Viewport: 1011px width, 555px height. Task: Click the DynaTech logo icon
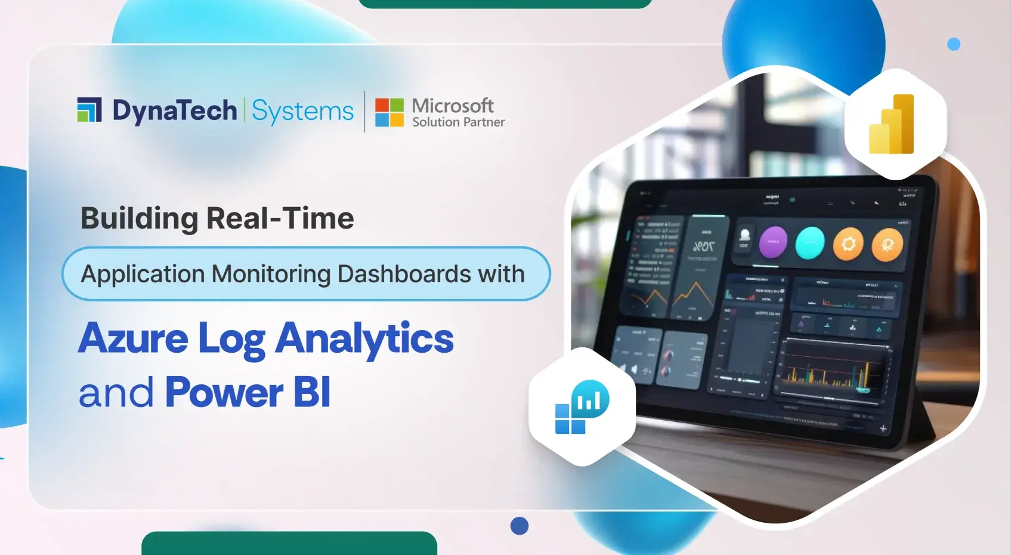pyautogui.click(x=89, y=110)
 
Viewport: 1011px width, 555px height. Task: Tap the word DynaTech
pyautogui.click(x=175, y=111)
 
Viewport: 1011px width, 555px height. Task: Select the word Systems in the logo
pyautogui.click(x=302, y=112)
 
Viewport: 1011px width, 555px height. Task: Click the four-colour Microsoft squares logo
pyautogui.click(x=389, y=112)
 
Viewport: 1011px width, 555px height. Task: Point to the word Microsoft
pyautogui.click(x=453, y=106)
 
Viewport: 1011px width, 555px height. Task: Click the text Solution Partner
pyautogui.click(x=458, y=122)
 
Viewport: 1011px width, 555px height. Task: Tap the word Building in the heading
pyautogui.click(x=139, y=218)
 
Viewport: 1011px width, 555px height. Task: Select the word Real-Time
pyautogui.click(x=280, y=218)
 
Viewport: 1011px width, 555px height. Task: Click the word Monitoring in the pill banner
pyautogui.click(x=271, y=274)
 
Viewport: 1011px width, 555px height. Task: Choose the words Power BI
pyautogui.click(x=248, y=393)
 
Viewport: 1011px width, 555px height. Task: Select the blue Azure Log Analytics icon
pyautogui.click(x=582, y=407)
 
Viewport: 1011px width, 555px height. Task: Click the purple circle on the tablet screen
pyautogui.click(x=773, y=242)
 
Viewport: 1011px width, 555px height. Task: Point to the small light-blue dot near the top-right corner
pyautogui.click(x=954, y=44)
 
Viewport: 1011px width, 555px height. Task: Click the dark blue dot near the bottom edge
pyautogui.click(x=520, y=526)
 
